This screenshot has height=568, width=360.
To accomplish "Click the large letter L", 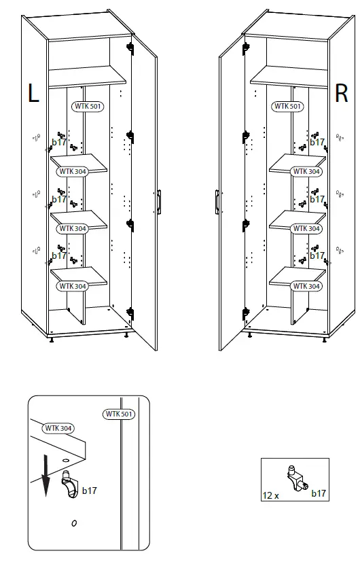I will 33,94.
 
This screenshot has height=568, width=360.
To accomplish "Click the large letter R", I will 342,94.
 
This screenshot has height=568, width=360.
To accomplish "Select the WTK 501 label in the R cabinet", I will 286,107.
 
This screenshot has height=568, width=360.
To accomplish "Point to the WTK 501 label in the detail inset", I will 118,414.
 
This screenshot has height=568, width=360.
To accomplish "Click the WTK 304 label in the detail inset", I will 58,428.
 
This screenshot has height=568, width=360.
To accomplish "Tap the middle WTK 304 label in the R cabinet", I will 306,229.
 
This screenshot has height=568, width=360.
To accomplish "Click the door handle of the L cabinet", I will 158,202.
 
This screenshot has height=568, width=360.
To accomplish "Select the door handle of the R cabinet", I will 216,202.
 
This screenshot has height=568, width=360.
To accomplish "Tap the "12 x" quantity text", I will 271,495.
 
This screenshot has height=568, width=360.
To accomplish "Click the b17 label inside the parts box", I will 318,493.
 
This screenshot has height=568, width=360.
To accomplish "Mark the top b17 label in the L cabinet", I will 59,143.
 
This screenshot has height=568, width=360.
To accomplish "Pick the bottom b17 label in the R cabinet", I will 317,256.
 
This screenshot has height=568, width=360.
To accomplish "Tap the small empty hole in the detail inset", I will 73,522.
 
